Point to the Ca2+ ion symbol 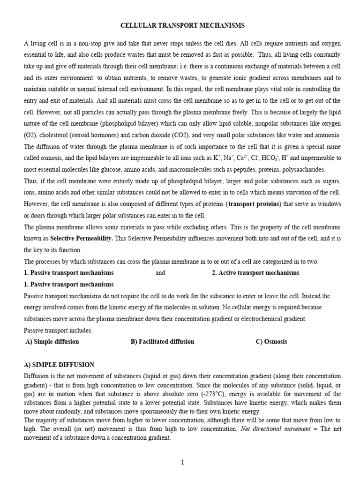[242, 158]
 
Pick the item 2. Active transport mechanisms [255, 273]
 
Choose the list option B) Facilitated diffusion [162, 341]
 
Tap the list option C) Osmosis [271, 341]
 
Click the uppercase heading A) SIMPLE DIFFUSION [59, 364]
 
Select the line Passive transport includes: [59, 330]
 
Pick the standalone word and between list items [160, 273]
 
